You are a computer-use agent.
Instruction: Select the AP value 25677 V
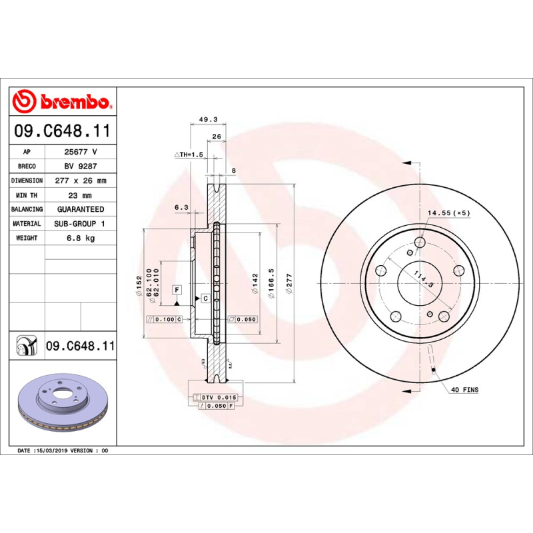point(80,152)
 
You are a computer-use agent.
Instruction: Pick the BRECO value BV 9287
point(80,167)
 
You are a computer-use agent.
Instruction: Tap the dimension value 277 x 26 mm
point(80,181)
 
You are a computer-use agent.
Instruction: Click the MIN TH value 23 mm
point(80,195)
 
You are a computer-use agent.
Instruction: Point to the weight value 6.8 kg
point(80,238)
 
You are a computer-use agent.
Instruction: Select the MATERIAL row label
point(27,224)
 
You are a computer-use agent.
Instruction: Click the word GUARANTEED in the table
point(80,209)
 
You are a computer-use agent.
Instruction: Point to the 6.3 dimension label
point(181,207)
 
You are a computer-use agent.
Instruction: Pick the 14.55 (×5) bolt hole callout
point(448,213)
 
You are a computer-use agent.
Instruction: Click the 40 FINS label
point(464,389)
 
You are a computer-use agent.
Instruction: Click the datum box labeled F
point(177,290)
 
